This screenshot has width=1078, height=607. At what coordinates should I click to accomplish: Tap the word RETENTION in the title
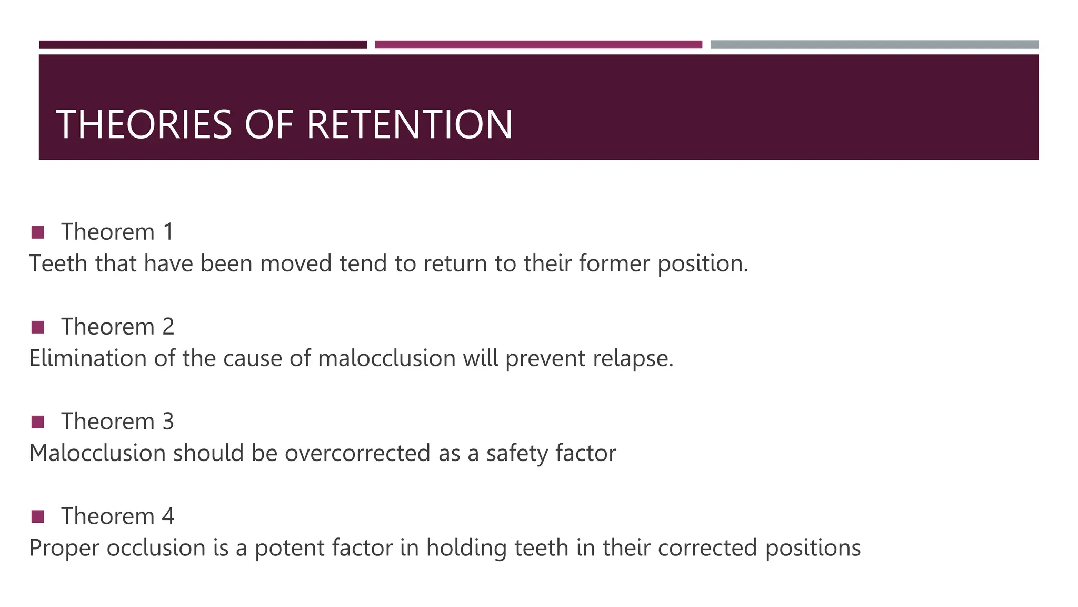click(409, 124)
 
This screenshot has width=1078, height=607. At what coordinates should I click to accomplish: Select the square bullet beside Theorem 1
click(38, 232)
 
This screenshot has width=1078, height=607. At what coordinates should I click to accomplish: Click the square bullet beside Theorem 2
click(38, 327)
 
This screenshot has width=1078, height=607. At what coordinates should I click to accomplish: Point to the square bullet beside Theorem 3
click(38, 422)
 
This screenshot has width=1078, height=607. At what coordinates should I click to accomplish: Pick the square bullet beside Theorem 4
click(38, 516)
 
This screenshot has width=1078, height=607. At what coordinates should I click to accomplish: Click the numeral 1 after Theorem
click(168, 232)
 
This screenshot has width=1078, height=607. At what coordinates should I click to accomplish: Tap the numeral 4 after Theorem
click(168, 516)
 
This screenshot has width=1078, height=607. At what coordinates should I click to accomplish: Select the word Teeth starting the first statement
click(58, 263)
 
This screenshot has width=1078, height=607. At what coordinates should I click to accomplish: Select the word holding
click(466, 548)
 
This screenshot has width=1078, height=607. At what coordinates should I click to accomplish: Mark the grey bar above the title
click(874, 45)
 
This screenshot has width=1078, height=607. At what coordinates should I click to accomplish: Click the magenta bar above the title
click(538, 45)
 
